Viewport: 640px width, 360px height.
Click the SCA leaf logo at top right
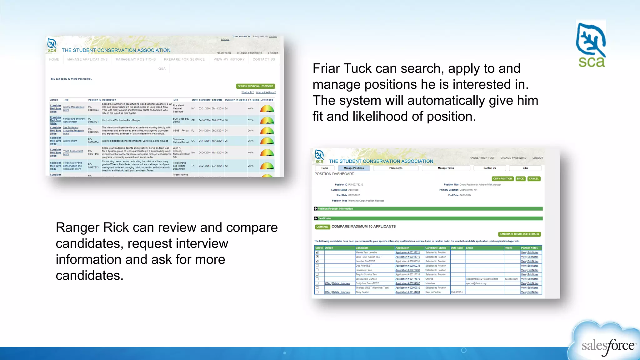591,44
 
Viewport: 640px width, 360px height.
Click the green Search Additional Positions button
255,86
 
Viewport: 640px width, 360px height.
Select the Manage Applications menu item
87,59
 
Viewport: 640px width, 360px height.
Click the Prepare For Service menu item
184,59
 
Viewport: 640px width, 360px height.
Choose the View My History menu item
229,59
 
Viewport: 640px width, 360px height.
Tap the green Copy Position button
502,179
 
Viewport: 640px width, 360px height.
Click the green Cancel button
534,179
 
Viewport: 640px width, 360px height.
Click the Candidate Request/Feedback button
519,234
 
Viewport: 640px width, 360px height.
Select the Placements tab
396,168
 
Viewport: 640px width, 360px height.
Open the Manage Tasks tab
446,168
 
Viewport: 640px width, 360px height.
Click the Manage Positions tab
353,168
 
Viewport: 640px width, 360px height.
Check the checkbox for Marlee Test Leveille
317,252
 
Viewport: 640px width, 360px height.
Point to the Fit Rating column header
253,100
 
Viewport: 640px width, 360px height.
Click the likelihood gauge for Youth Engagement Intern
267,153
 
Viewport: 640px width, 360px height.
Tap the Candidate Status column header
436,248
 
